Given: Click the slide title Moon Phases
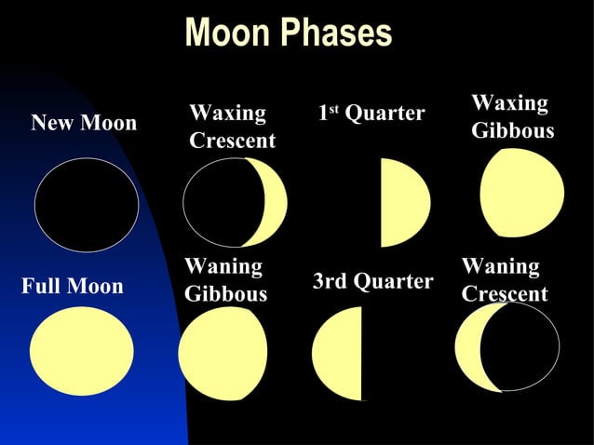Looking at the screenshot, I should [x=289, y=33].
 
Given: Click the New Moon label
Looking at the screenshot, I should [x=84, y=123].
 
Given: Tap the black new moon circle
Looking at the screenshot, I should [x=87, y=205].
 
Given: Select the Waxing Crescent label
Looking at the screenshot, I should [x=232, y=127].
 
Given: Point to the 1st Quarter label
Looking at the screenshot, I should [x=371, y=114].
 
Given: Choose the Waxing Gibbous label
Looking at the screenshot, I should [x=512, y=116].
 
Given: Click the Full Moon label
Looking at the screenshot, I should [x=72, y=286].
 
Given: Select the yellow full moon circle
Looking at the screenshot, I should [x=81, y=351].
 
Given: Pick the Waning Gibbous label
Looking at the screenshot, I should [x=225, y=280].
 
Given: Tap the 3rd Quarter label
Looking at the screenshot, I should [x=372, y=281].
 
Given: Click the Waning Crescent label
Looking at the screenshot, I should [x=504, y=280].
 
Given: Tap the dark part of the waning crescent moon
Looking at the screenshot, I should [x=523, y=346].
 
